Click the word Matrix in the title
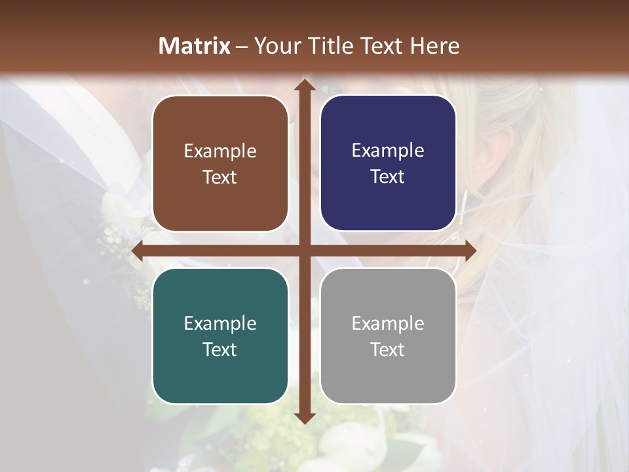click(195, 46)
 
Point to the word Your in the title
click(275, 46)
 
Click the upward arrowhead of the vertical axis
click(304, 85)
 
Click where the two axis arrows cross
click(304, 250)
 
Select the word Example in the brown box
click(220, 151)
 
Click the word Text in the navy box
click(388, 177)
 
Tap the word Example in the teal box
click(220, 323)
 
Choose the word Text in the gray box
click(388, 349)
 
